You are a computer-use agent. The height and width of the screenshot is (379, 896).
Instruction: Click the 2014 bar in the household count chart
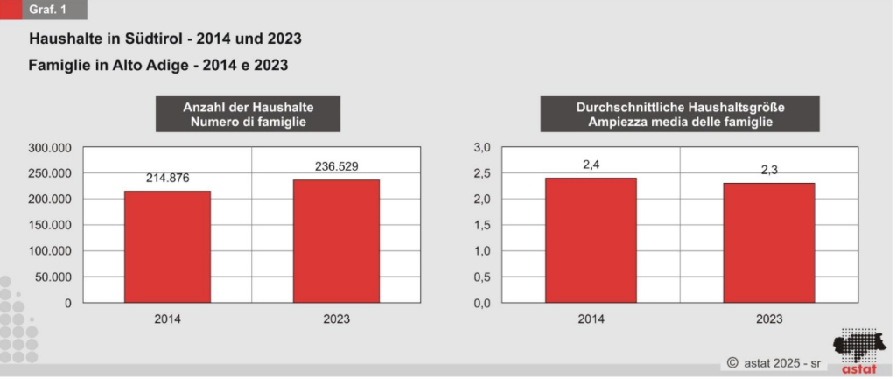[167, 247]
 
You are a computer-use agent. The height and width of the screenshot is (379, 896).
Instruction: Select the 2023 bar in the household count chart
[337, 241]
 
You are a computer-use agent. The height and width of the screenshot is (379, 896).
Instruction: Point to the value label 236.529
[337, 165]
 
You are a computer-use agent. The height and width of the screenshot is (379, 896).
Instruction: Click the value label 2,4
[591, 164]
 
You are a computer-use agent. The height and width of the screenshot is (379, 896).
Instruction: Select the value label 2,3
[770, 170]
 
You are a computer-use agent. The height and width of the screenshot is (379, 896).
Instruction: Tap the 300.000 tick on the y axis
[50, 147]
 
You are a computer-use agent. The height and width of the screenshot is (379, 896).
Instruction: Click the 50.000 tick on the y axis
[54, 277]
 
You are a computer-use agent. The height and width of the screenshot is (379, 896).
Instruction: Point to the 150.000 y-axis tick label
[50, 225]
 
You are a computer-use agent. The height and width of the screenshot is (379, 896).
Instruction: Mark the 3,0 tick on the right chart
[482, 147]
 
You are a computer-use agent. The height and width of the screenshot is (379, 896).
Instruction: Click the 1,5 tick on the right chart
[482, 225]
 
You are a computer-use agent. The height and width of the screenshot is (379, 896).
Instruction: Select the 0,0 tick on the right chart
[482, 303]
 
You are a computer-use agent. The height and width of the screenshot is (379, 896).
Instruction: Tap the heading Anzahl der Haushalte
[248, 107]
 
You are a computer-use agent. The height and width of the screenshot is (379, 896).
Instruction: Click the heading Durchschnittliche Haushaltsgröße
[680, 107]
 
